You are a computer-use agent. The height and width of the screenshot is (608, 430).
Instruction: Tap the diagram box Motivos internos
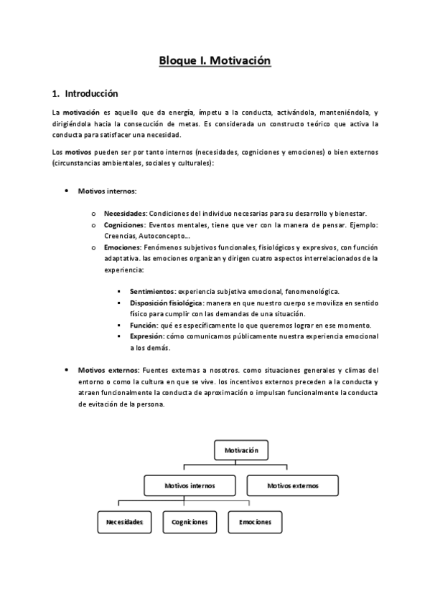(x=190, y=485)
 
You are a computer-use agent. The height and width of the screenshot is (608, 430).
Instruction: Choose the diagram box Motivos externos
(x=292, y=485)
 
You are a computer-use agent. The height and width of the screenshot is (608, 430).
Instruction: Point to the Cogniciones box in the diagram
(x=190, y=521)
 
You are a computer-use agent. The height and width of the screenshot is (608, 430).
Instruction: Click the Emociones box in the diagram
(x=255, y=521)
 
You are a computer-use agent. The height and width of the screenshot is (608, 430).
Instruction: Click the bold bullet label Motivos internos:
(x=107, y=191)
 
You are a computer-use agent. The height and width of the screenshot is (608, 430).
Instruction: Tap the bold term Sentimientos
(x=152, y=292)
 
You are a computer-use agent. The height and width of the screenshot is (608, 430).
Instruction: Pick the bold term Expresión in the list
(x=146, y=336)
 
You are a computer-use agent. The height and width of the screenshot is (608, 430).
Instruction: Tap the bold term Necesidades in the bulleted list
(x=125, y=214)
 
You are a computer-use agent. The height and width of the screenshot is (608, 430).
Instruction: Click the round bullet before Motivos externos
(x=67, y=370)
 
